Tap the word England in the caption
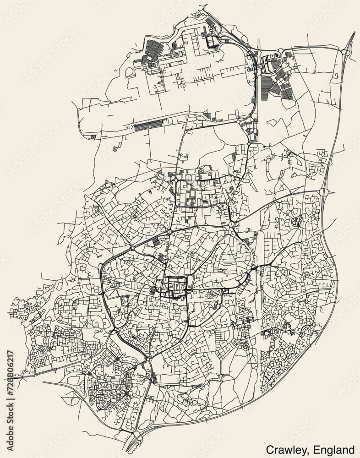334,449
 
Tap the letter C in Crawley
269,449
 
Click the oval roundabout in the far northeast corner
347,53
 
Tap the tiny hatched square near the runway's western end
93,136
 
